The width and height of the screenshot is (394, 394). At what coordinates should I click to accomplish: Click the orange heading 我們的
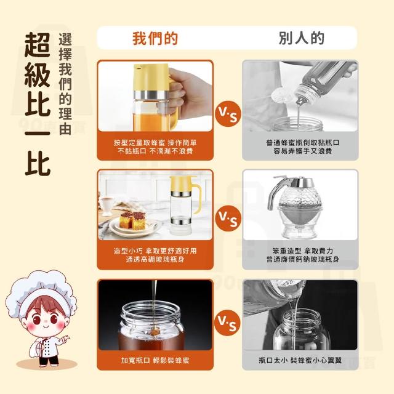click(x=155, y=38)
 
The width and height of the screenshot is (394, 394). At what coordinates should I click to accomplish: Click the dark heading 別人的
click(x=302, y=38)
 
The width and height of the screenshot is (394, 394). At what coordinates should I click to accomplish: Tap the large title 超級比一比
click(x=38, y=104)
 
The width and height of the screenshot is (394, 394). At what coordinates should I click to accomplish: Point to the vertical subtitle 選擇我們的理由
click(x=65, y=84)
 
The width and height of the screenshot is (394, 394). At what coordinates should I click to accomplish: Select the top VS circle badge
click(x=228, y=113)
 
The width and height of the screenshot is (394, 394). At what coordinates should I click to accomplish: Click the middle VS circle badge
click(x=228, y=218)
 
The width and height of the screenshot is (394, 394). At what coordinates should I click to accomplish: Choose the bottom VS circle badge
click(x=227, y=323)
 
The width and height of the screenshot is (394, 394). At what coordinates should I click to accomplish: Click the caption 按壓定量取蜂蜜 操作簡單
click(x=155, y=143)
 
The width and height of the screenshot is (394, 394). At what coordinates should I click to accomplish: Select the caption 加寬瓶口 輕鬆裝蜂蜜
click(x=155, y=361)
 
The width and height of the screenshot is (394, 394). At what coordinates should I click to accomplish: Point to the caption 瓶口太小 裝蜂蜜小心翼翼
click(x=300, y=361)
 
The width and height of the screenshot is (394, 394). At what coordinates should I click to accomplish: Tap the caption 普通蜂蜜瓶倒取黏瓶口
click(x=303, y=143)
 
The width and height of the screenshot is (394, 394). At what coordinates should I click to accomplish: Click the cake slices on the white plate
click(x=132, y=220)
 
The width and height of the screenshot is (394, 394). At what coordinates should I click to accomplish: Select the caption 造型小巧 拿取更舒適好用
click(x=155, y=251)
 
